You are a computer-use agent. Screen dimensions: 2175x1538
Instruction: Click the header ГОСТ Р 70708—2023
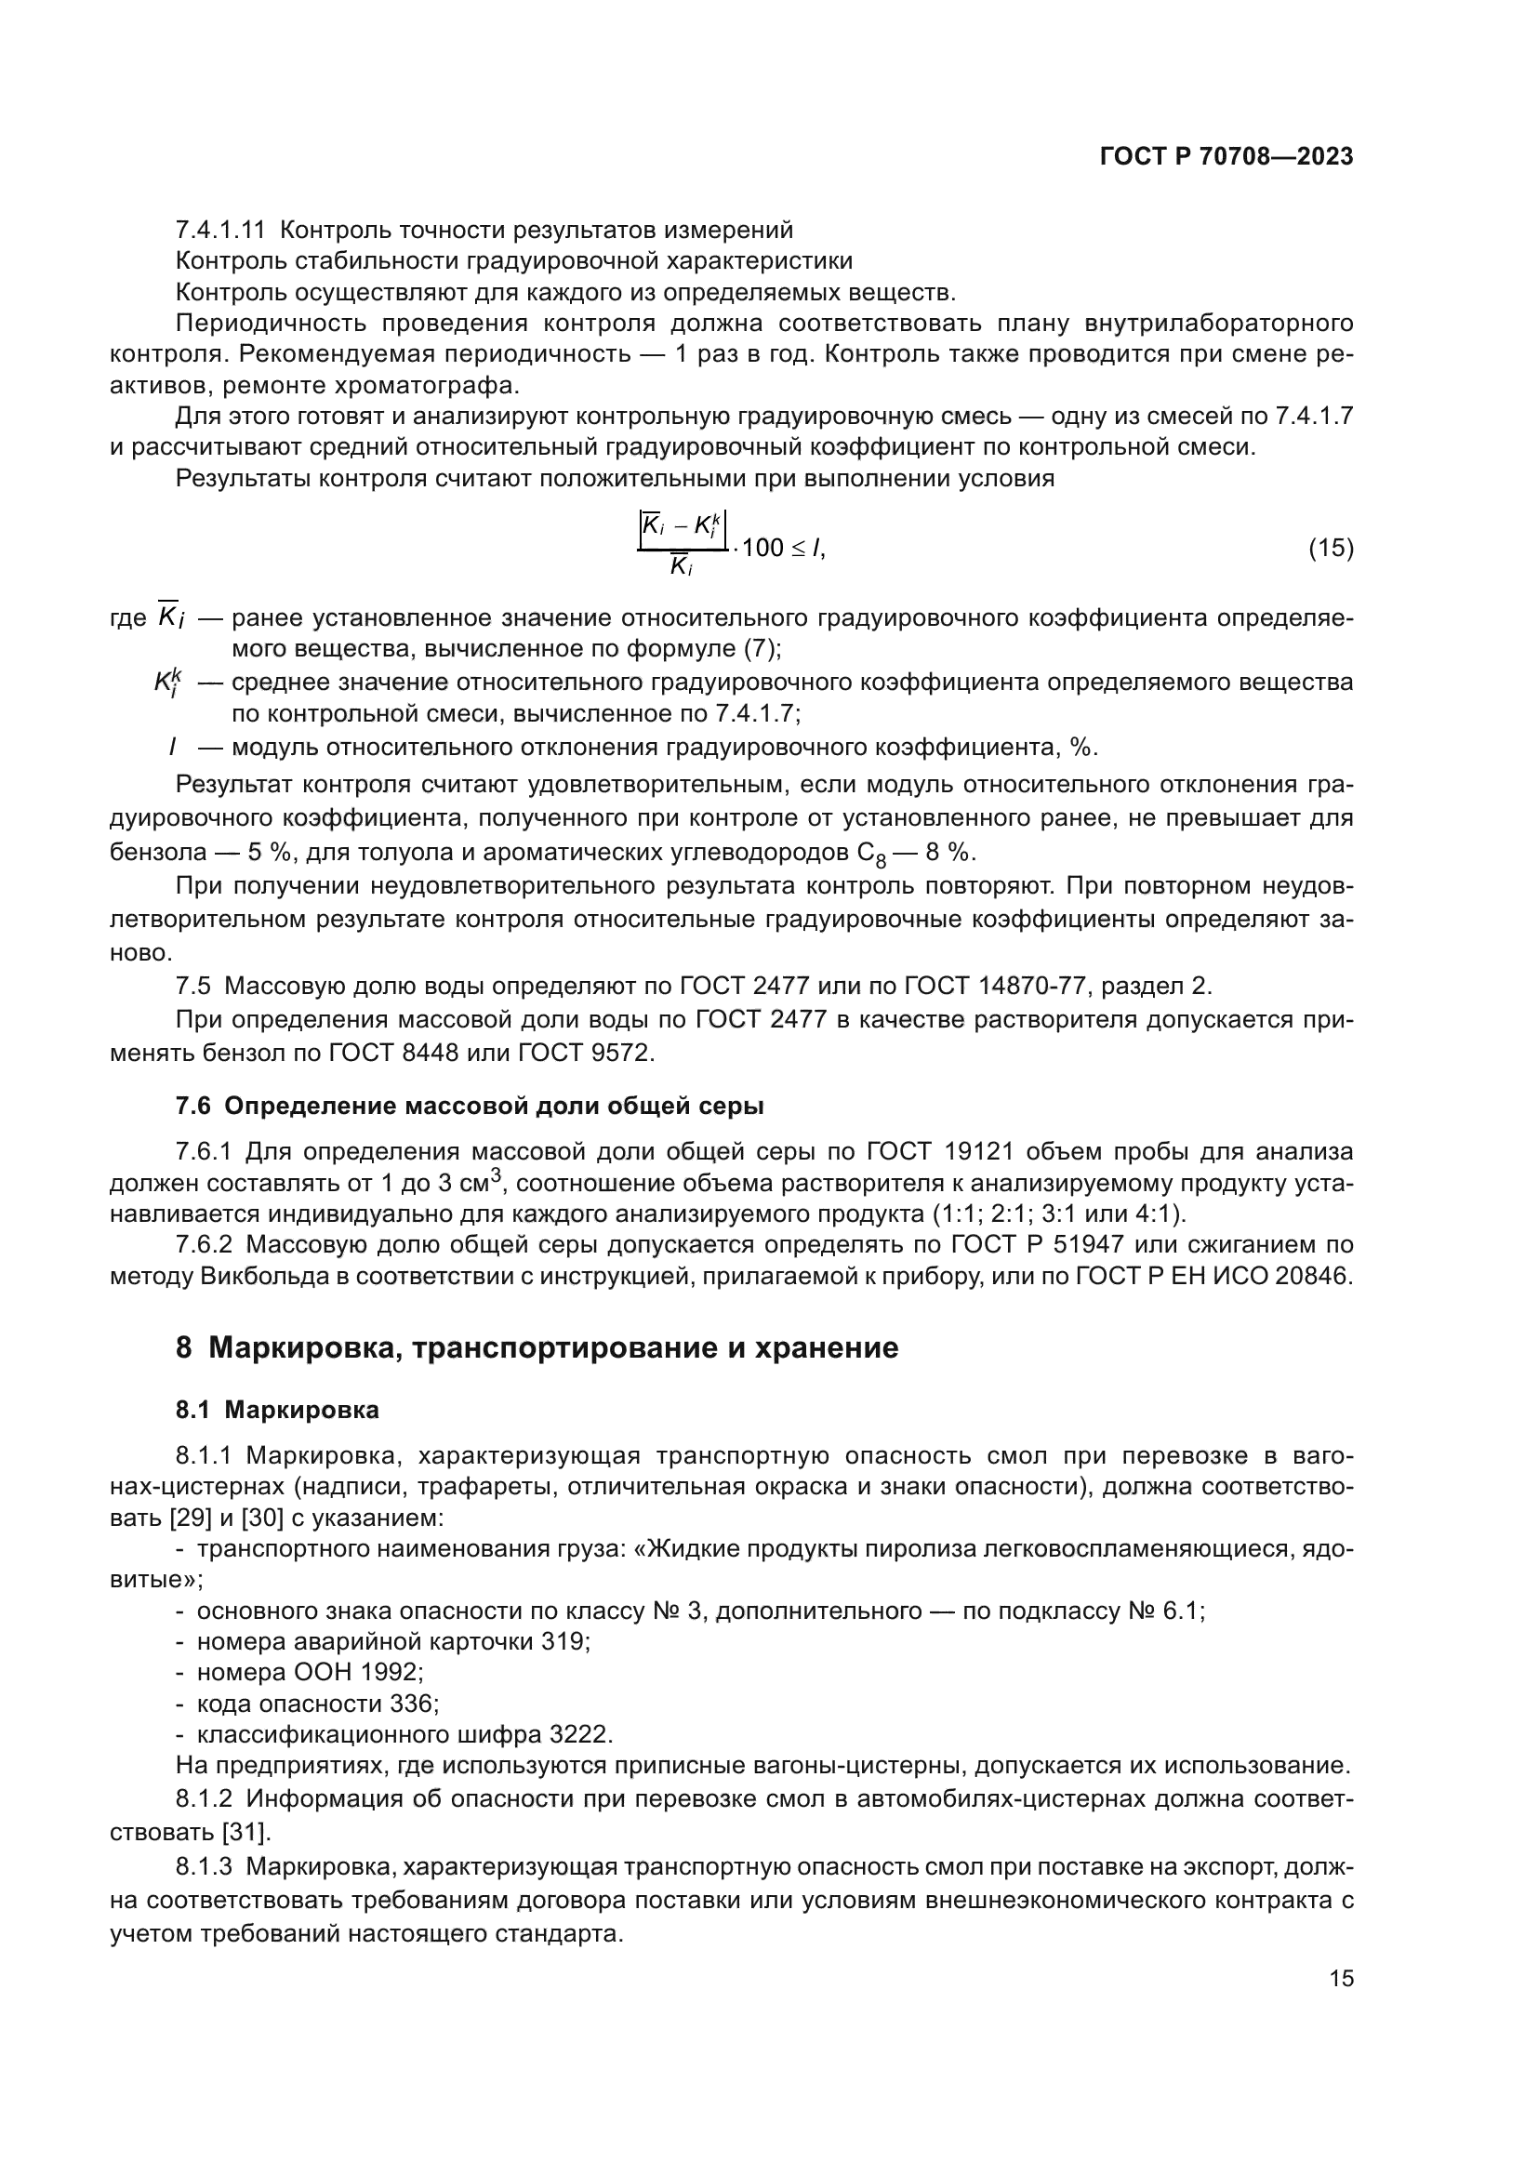[1226, 157]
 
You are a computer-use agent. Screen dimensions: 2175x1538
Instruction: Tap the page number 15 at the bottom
[1341, 1978]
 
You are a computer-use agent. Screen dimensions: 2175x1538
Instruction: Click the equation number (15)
[1331, 548]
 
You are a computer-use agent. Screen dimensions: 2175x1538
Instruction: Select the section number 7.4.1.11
[220, 231]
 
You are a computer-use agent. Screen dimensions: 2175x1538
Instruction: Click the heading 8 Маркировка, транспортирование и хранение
[536, 1347]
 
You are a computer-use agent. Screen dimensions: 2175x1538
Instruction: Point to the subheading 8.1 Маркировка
[276, 1410]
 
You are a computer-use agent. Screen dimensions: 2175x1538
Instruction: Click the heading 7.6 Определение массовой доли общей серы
[469, 1106]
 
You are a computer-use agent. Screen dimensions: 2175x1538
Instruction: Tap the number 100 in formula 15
[762, 548]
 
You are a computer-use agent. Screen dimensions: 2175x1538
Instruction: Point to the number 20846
[1314, 1276]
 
